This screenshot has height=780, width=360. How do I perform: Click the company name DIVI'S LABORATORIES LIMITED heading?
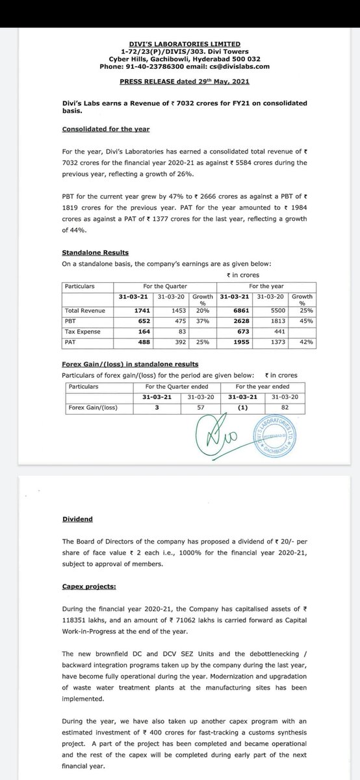point(180,45)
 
